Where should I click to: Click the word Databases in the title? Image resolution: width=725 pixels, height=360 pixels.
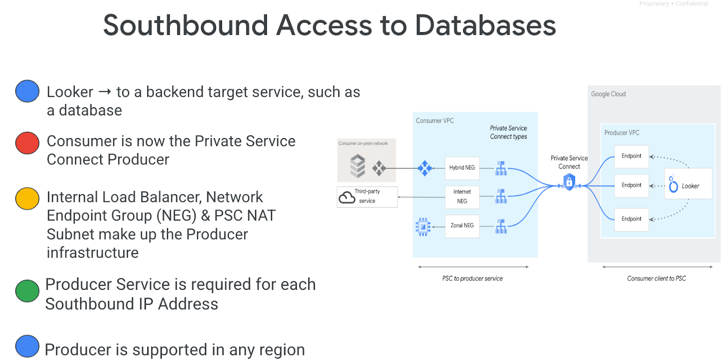point(485,25)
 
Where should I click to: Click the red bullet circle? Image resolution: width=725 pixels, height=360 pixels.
point(27,143)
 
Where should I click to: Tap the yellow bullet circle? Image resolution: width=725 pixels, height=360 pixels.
point(27,198)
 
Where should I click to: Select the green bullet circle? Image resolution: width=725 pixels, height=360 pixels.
point(27,291)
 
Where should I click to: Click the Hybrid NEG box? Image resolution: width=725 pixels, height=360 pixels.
point(462,168)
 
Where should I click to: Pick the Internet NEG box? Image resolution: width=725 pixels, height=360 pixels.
point(462,197)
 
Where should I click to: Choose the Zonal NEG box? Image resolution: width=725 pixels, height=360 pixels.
point(462,226)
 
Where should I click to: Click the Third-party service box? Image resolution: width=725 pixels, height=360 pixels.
point(367,197)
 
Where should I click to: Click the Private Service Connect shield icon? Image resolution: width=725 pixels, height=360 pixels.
point(569,182)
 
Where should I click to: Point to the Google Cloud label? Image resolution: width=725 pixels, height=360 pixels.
point(608,94)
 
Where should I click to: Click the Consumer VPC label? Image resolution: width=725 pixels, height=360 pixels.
point(435,121)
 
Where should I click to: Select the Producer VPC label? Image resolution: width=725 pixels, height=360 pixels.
point(622,133)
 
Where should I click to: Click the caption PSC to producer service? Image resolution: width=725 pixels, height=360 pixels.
point(472,278)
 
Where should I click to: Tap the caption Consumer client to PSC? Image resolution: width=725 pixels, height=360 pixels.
point(656,278)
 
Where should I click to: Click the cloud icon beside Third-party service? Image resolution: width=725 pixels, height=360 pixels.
point(347,197)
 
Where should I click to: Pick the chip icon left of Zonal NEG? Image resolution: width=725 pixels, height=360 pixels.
point(423,226)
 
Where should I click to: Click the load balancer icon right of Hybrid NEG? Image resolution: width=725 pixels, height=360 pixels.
point(501,168)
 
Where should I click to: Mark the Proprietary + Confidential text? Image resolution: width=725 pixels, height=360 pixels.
point(673,4)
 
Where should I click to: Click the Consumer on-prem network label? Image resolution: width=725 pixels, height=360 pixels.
point(363,144)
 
